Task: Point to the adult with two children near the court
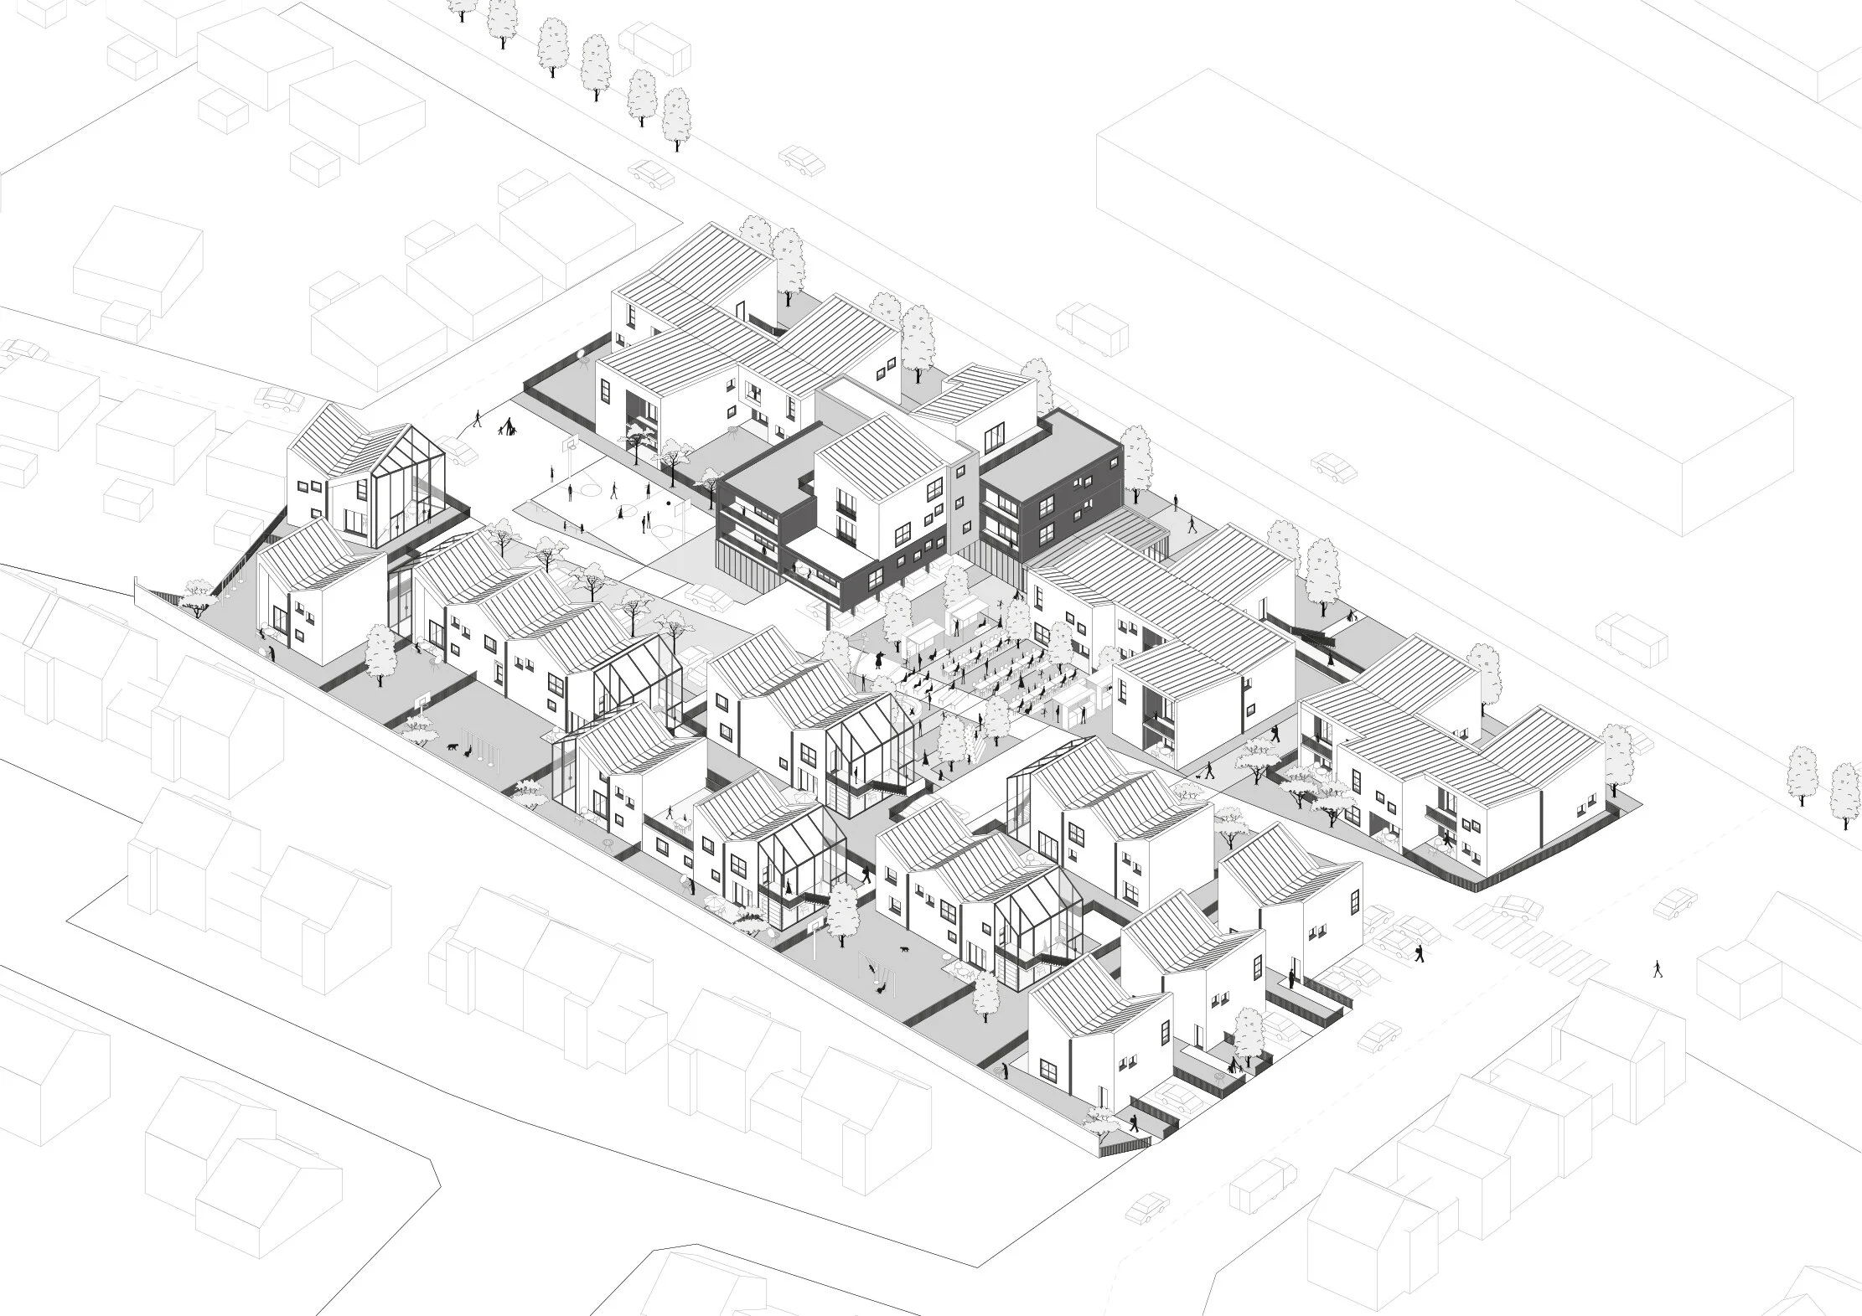pos(507,429)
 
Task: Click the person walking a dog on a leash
pos(1208,770)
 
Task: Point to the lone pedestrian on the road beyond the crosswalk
pos(1657,968)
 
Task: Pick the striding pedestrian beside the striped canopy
pos(1192,525)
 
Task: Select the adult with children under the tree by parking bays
pos(1234,1066)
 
